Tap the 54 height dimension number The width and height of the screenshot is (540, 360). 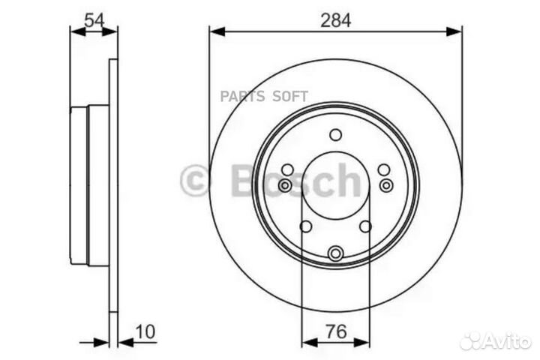(x=94, y=20)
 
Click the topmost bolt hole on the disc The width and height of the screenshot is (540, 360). (x=335, y=135)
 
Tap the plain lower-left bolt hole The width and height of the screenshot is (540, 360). (x=305, y=226)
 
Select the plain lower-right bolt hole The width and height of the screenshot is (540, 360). (x=365, y=226)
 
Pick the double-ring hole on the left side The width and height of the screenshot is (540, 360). (x=285, y=185)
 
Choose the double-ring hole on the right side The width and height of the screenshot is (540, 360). (x=386, y=185)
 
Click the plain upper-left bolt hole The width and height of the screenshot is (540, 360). (x=287, y=170)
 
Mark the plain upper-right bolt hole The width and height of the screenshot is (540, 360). (x=383, y=170)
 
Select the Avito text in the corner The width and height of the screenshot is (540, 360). (x=508, y=341)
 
